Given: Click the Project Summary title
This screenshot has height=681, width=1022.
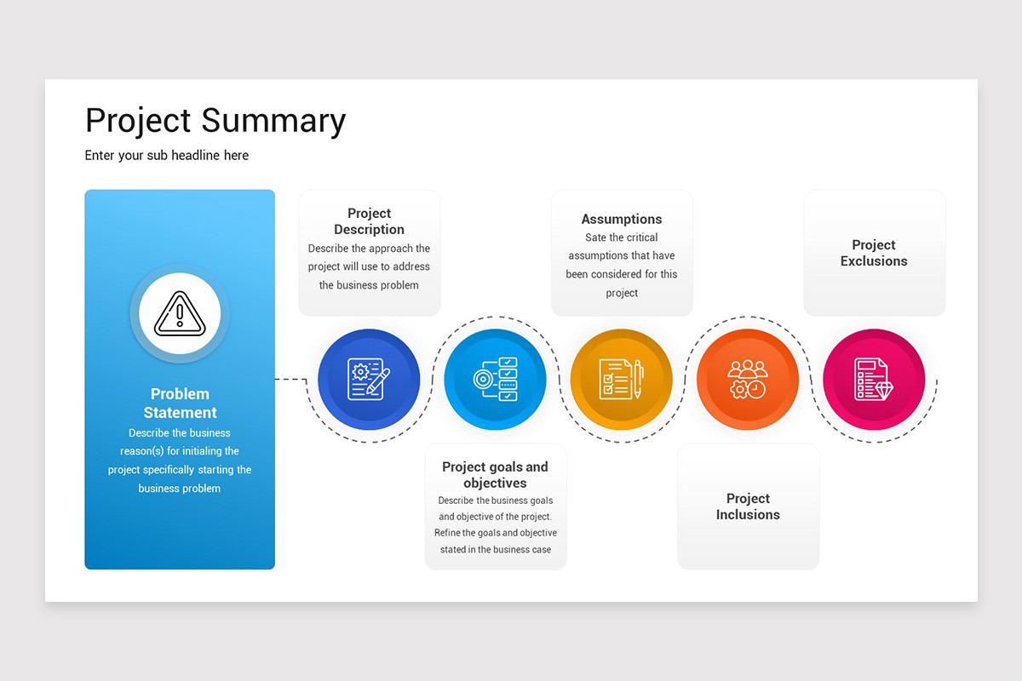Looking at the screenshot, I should (215, 121).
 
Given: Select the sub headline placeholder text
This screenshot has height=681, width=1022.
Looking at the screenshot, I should (167, 155).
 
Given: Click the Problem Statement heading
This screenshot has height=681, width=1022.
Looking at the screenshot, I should (180, 403).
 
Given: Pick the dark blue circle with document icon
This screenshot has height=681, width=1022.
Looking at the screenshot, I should (369, 380).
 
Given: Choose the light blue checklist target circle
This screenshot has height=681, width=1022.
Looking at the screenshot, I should (495, 380).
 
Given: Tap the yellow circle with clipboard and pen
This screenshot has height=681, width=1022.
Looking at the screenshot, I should (621, 380).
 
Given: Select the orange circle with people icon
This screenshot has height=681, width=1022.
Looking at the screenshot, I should (747, 380).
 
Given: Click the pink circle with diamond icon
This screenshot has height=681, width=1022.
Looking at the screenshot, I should (873, 380).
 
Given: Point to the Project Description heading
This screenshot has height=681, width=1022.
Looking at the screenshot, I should (369, 221).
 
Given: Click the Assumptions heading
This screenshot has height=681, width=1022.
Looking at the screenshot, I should (622, 219).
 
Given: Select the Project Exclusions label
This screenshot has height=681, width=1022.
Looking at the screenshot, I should (874, 253).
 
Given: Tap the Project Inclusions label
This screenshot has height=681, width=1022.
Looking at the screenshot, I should (748, 506).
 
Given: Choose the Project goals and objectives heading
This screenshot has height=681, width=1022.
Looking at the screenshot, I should (495, 475).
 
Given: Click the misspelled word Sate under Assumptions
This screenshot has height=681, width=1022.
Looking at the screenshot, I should (595, 237).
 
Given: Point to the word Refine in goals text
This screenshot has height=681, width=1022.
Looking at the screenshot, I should (448, 533).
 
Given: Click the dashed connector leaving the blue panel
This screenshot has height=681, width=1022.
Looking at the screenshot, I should (290, 379).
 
